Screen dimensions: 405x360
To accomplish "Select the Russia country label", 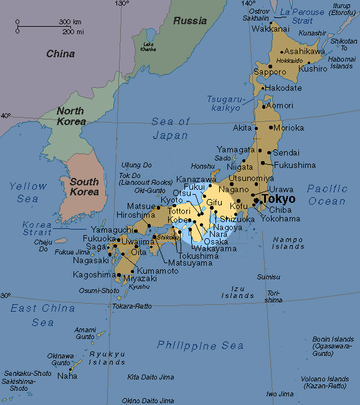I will pos(190,21).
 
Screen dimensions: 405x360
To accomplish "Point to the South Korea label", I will pos(84,187).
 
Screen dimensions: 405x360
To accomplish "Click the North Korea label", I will pos(71,116).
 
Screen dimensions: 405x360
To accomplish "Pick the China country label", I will pos(60,54).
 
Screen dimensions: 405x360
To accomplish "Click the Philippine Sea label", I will pos(200,345).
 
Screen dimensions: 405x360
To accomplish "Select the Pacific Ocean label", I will pos(326,195).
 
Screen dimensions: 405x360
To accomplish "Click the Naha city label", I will pos(67,376).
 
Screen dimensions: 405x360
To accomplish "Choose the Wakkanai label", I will pos(269,29).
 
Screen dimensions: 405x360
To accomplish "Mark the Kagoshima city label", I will pos(94,274).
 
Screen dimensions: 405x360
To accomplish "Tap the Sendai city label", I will pos(287,152).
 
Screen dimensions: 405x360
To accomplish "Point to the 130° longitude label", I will pos(121,4).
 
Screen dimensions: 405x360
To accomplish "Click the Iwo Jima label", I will pos(280,394).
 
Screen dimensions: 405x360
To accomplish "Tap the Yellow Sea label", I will pos(28,192).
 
